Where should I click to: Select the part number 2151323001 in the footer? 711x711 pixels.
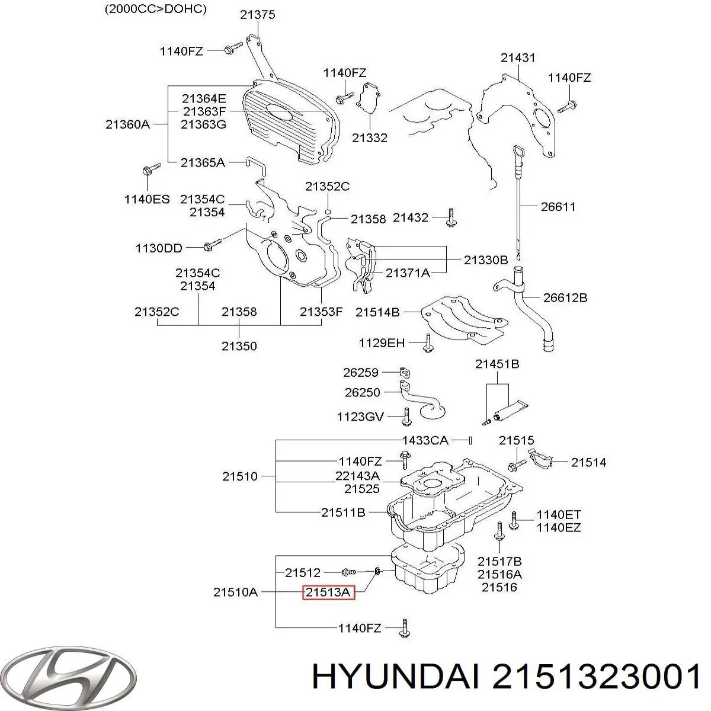tap(597, 676)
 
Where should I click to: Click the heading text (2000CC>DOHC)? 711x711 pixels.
tap(156, 9)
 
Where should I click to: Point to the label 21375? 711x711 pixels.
tap(258, 15)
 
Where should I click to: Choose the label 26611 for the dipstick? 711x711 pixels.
tap(558, 207)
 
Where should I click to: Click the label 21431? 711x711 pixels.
tap(518, 57)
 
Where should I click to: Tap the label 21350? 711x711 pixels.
tap(239, 346)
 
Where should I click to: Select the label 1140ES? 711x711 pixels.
tap(147, 199)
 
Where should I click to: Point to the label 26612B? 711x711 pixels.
tap(565, 297)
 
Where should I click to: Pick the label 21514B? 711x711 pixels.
tap(377, 312)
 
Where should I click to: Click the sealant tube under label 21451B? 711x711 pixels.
tap(511, 410)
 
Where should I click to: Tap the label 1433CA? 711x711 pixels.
tap(425, 440)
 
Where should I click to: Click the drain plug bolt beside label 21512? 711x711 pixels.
tap(348, 572)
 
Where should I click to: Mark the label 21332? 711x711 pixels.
tap(370, 138)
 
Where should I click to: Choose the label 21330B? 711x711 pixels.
tap(486, 260)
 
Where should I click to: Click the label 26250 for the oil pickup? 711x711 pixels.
tap(363, 392)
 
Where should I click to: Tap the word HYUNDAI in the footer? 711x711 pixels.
tap(396, 676)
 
